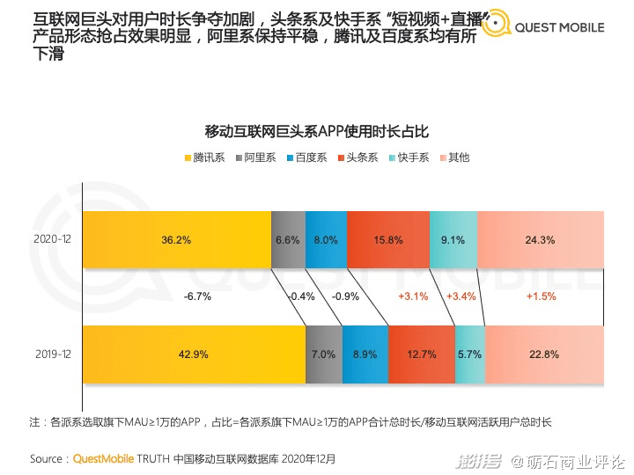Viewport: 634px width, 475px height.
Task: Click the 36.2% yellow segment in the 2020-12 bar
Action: click(176, 239)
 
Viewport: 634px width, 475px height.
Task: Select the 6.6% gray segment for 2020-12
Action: click(288, 239)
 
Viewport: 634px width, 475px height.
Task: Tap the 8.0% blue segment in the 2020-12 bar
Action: click(326, 239)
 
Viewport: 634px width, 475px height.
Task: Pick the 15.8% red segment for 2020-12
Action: click(387, 239)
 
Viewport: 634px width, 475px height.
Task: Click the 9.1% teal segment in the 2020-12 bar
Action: click(453, 239)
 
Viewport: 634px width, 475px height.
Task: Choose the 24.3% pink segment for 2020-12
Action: click(540, 239)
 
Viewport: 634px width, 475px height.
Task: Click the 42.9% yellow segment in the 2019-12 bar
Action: click(194, 354)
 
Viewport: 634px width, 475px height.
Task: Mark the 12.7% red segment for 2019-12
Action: click(421, 354)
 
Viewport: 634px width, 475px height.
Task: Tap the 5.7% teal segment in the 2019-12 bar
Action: click(469, 354)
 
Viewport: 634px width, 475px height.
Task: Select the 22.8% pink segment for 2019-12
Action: click(544, 354)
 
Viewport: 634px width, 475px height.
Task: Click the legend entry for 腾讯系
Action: click(204, 157)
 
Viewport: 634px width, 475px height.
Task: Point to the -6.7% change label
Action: click(197, 296)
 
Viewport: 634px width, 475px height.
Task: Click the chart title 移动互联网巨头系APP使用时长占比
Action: click(316, 132)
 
